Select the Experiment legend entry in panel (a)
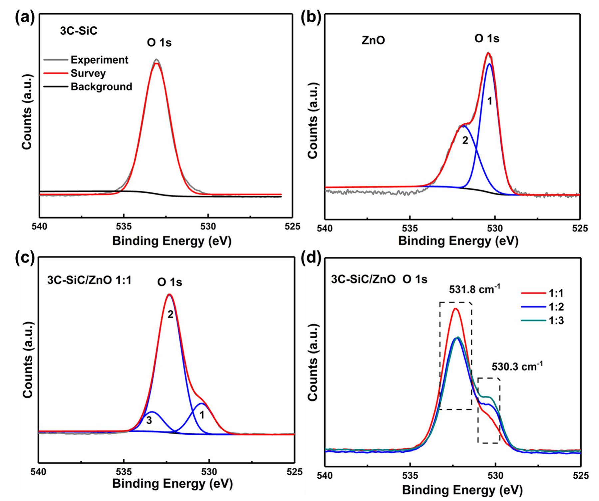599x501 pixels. click(99, 60)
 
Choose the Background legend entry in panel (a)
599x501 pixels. click(101, 87)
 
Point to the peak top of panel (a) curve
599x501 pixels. click(156, 60)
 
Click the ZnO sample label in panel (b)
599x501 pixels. click(373, 40)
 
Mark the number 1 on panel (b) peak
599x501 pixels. click(489, 101)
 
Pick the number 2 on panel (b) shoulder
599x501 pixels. click(465, 140)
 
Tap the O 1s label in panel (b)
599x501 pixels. click(487, 39)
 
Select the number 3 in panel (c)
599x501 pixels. click(149, 420)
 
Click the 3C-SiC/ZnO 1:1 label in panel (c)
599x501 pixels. click(89, 280)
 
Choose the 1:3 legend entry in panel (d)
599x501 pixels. click(556, 321)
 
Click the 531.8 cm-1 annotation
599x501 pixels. click(472, 289)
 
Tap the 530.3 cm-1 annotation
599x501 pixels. click(517, 367)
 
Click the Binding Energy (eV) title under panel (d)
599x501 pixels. click(462, 490)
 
